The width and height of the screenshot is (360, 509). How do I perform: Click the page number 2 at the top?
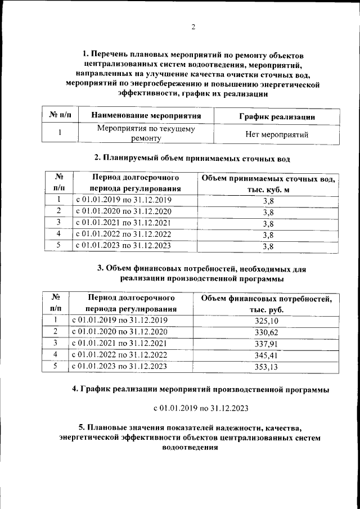(x=193, y=28)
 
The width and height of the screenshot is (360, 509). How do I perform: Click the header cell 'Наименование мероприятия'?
(x=146, y=116)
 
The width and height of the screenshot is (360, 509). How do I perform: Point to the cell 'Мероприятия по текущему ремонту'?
(x=146, y=133)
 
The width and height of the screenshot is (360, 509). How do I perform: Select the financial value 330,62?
(x=263, y=332)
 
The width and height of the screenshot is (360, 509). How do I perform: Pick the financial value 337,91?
(x=263, y=344)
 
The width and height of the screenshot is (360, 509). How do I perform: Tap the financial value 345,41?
(x=263, y=355)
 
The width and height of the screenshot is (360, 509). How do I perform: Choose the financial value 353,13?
(x=263, y=367)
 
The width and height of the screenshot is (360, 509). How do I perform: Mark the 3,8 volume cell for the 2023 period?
(x=268, y=246)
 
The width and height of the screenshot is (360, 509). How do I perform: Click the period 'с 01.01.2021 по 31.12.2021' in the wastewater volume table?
(x=123, y=223)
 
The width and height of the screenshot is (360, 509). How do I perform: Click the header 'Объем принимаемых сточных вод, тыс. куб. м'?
(x=268, y=184)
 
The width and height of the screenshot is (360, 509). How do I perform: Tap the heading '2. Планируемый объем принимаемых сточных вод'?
(x=193, y=156)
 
